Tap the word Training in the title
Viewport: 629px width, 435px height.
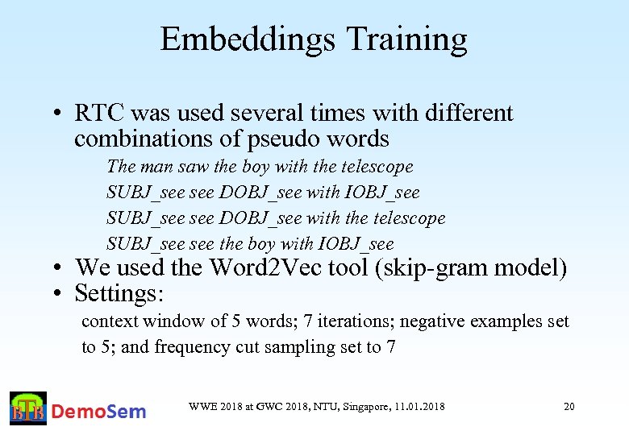pos(406,39)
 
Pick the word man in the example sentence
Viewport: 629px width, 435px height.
pos(156,167)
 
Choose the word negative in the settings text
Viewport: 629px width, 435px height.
pos(433,321)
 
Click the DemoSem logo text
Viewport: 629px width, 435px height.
pos(99,411)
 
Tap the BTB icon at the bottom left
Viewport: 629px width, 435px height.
pos(28,409)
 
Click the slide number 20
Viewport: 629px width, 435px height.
pos(569,407)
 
